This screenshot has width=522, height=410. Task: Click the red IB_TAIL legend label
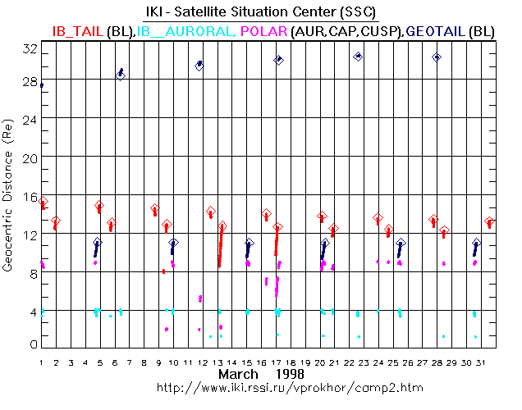(x=78, y=30)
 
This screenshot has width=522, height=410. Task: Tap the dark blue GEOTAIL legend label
(x=436, y=30)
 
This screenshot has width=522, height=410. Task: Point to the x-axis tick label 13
(x=217, y=362)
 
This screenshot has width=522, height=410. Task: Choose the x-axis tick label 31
(x=489, y=362)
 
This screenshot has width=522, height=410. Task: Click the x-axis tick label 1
(x=41, y=362)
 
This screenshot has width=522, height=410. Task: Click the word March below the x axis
(x=240, y=374)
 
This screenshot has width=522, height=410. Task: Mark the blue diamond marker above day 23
(x=358, y=57)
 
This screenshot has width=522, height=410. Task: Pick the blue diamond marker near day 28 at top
(x=437, y=57)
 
